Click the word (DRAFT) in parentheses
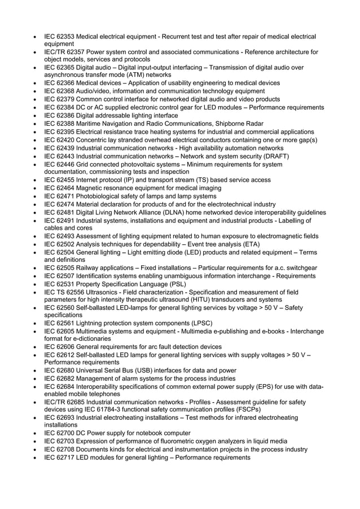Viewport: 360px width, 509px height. pos(273,156)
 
